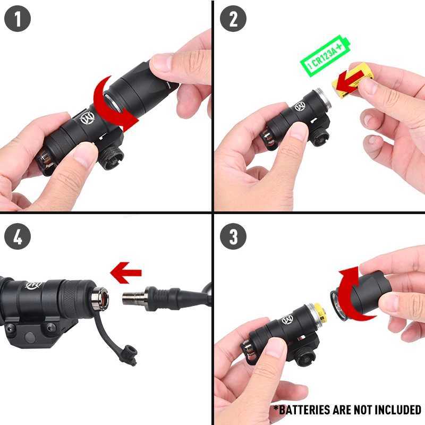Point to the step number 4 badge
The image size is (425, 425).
pyautogui.click(x=18, y=236)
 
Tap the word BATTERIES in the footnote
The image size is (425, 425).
pyautogui.click(x=302, y=410)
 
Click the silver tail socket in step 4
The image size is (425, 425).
pyautogui.click(x=100, y=299)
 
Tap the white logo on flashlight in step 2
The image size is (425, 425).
pyautogui.click(x=300, y=106)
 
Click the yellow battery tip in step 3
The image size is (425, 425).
pyautogui.click(x=320, y=313)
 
